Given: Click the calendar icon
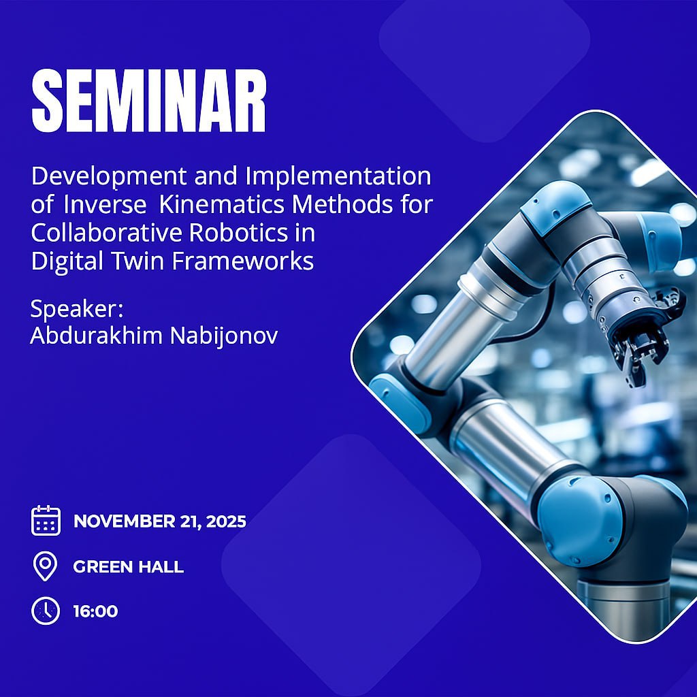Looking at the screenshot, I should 46,521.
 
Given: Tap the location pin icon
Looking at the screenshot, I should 46,566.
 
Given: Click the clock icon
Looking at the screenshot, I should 46,611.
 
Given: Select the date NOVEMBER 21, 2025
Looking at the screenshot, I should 160,522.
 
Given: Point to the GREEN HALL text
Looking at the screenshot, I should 128,566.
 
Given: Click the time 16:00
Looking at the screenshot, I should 95,611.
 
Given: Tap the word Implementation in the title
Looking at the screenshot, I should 338,177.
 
